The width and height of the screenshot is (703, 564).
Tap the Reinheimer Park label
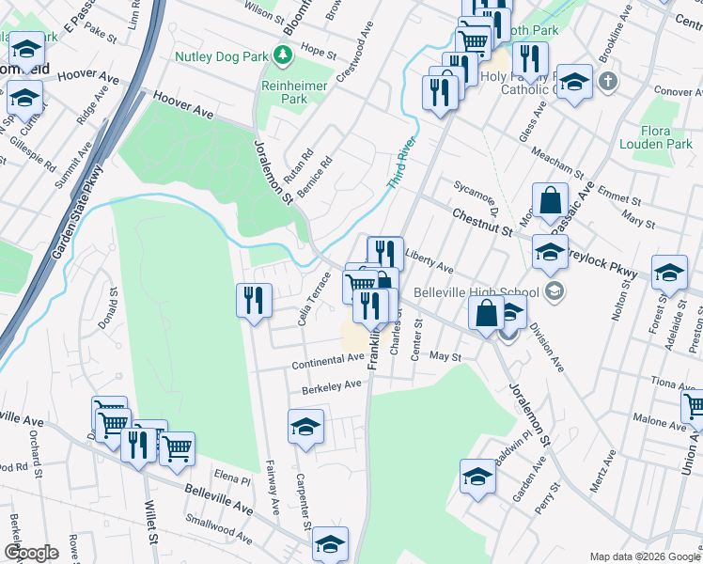294,92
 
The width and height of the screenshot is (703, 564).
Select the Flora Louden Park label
655,136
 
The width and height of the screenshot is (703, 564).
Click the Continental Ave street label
327,359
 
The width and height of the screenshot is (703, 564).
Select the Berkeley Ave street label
332,385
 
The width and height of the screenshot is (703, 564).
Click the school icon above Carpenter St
305,428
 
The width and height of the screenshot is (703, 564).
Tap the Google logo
31,553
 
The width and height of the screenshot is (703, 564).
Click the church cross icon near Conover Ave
608,81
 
